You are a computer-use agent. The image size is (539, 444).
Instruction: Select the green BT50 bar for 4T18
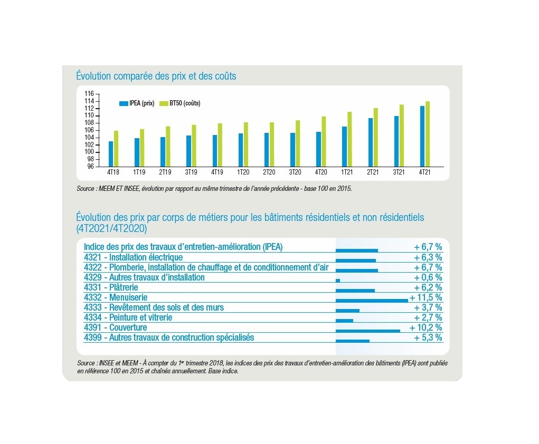(116, 148)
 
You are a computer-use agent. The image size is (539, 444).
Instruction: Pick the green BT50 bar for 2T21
(375, 137)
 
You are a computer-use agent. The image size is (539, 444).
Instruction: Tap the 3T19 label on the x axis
(191, 172)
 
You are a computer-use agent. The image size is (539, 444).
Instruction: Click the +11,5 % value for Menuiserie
(426, 297)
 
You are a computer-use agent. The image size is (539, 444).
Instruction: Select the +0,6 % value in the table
(428, 277)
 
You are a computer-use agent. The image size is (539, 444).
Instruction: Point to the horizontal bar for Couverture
(367, 331)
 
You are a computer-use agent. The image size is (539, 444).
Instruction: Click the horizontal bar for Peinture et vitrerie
(344, 321)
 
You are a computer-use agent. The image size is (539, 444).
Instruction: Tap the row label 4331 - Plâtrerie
(111, 287)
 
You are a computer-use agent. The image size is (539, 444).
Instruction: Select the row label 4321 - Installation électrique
(133, 257)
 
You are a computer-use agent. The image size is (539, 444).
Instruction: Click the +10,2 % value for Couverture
(426, 327)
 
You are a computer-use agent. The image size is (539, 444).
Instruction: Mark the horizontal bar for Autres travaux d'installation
(338, 281)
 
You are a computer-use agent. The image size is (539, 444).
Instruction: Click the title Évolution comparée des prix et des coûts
(156, 76)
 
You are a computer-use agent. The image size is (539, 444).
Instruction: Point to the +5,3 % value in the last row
(428, 337)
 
